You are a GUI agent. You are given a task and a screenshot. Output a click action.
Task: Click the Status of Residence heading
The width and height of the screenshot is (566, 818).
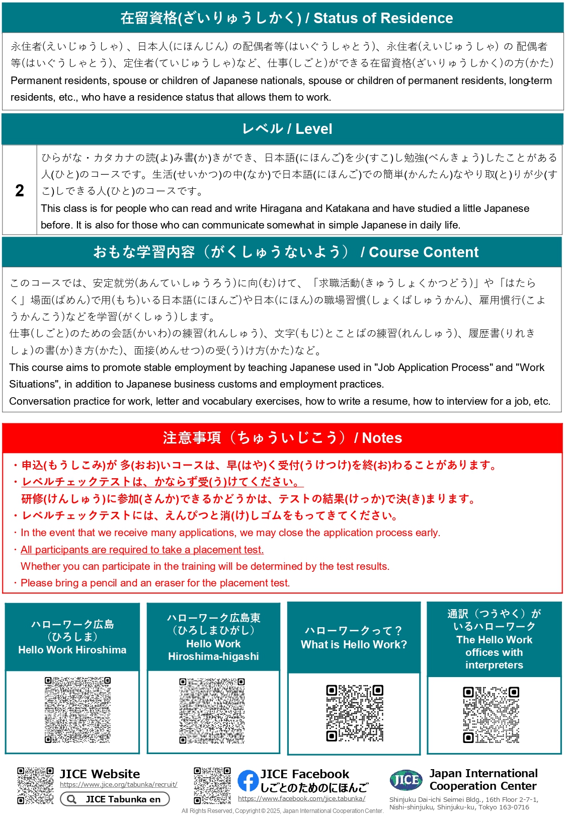286,18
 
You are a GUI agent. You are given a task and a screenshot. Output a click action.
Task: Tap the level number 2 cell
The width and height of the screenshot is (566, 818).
20,190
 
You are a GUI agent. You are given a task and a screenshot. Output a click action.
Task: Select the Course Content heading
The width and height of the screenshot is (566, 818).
286,252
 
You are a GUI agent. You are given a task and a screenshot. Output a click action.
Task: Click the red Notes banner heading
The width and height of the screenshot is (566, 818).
282,437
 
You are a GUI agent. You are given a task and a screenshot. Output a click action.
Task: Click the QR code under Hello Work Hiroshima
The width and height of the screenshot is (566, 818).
77,710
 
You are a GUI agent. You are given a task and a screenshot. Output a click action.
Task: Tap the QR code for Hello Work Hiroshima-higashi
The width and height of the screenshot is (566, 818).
212,711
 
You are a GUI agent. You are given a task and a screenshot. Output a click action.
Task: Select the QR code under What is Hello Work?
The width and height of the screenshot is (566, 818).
355,713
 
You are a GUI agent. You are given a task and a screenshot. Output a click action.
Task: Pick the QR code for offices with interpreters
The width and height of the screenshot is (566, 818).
491,715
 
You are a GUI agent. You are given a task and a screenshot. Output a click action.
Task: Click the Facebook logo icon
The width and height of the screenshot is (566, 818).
248,781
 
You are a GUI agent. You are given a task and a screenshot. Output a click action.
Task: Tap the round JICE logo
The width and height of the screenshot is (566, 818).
406,780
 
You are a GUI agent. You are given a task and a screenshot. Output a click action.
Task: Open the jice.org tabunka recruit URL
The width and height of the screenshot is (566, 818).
118,784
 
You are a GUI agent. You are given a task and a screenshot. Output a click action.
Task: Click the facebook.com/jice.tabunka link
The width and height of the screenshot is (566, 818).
301,798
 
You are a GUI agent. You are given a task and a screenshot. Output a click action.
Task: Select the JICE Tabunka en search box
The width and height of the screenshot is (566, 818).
115,799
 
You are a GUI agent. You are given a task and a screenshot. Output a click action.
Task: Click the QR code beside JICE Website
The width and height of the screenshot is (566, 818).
35,785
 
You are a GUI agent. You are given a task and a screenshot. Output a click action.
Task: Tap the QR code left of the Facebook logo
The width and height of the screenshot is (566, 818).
212,785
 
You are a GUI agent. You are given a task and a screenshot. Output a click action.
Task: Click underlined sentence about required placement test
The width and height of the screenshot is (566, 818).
142,550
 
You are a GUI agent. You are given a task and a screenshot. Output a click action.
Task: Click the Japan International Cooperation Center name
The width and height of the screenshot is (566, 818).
483,779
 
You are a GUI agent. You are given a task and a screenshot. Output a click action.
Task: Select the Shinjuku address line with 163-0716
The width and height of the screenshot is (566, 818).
459,807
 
